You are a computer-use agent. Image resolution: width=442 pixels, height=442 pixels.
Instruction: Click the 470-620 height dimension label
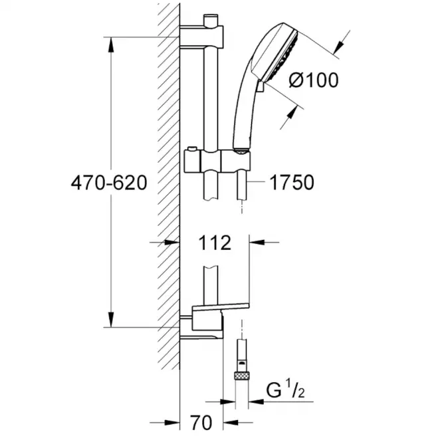(109, 183)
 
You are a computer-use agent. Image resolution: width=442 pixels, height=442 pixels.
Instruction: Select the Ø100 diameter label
(314, 80)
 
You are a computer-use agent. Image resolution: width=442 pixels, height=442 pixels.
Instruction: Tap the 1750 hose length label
(292, 182)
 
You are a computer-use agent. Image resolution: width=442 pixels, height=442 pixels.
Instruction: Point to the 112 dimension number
(215, 243)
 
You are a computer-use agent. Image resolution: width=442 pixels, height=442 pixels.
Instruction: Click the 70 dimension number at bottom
(201, 423)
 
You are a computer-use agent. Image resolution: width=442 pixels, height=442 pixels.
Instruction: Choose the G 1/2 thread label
(285, 389)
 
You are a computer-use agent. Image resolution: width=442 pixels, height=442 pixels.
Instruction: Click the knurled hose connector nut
(242, 376)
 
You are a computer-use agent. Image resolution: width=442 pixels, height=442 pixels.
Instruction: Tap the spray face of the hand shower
(280, 56)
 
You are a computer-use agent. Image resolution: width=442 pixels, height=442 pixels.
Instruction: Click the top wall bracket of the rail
(201, 37)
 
